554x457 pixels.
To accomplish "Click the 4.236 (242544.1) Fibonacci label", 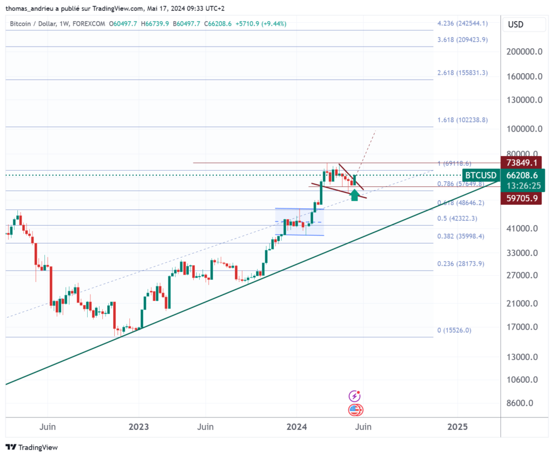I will pyautogui.click(x=463, y=23).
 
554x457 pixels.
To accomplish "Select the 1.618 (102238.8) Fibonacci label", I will pyautogui.click(x=463, y=120).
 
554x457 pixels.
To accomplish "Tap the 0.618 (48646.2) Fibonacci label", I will pyautogui.click(x=460, y=203).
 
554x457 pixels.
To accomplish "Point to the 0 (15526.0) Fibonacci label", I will pyautogui.click(x=455, y=330).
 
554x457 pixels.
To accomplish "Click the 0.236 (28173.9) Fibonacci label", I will pyautogui.click(x=460, y=264).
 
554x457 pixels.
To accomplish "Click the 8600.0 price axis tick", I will pyautogui.click(x=523, y=403).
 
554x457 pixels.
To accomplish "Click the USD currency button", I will pyautogui.click(x=516, y=25).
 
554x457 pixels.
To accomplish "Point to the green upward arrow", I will pyautogui.click(x=355, y=195).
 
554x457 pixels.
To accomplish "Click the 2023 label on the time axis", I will pyautogui.click(x=139, y=427).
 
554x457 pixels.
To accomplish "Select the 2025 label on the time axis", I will pyautogui.click(x=457, y=427).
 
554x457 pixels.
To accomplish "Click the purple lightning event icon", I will pyautogui.click(x=355, y=396).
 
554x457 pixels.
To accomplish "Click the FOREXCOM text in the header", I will pyautogui.click(x=88, y=24).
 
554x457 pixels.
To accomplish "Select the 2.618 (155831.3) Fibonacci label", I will pyautogui.click(x=463, y=73).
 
